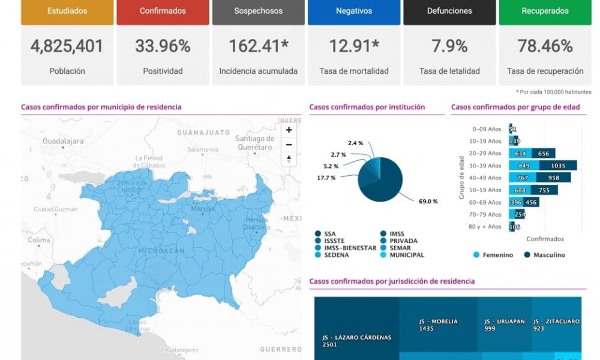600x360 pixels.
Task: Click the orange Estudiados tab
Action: click(x=67, y=11)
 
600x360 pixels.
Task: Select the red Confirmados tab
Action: click(x=163, y=11)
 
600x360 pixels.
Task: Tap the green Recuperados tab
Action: click(x=545, y=11)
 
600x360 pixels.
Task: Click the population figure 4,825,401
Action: click(x=67, y=46)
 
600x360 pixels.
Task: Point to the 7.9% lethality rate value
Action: click(x=449, y=46)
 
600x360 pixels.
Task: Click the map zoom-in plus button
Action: click(x=289, y=130)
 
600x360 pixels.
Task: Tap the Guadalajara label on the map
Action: click(x=63, y=142)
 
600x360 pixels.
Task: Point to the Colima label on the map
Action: click(x=38, y=240)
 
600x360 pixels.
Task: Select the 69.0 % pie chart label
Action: click(x=428, y=202)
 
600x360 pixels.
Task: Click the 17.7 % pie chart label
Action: click(x=326, y=178)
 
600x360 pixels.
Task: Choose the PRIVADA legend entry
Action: click(x=403, y=241)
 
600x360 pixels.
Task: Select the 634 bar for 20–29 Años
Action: click(x=520, y=154)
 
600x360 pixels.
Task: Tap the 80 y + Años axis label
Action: click(x=486, y=227)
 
